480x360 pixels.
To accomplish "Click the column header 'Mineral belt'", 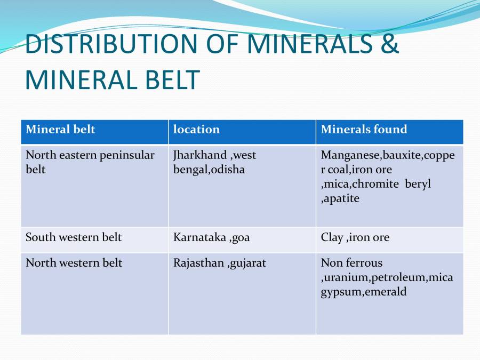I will click(x=60, y=130).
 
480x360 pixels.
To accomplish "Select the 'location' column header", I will click(x=196, y=130).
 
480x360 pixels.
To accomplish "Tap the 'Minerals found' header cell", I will click(x=364, y=130).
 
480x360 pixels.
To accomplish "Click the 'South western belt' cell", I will click(x=74, y=237).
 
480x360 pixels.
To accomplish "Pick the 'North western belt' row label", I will click(x=74, y=263).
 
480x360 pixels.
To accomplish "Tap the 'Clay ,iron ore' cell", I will click(x=355, y=237).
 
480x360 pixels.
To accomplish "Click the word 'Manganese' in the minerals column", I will click(x=347, y=156).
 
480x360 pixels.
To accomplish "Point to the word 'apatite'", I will click(x=342, y=199).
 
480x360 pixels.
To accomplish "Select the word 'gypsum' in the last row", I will click(x=341, y=292).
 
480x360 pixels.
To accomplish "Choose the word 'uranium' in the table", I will click(x=347, y=277).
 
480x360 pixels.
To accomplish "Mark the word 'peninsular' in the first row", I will click(x=128, y=156).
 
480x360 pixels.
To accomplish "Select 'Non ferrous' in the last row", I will click(x=351, y=263).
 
